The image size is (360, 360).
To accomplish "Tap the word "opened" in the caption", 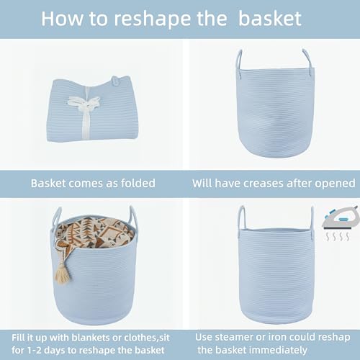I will (x=333, y=184).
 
